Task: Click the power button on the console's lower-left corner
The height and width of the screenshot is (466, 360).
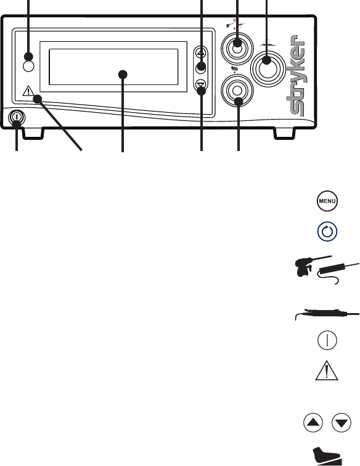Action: point(17,117)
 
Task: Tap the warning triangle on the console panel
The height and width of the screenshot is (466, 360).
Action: point(28,91)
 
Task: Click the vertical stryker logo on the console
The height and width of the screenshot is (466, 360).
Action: point(296,75)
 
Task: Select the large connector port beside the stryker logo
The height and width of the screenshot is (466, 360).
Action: point(268,69)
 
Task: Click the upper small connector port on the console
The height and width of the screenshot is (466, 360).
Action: point(237,49)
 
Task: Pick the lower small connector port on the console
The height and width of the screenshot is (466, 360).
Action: point(237,91)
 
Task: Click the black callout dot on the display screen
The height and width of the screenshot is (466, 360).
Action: point(123,75)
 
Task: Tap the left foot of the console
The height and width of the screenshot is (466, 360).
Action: point(33,134)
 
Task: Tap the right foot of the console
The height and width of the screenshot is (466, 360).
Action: point(285,134)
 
